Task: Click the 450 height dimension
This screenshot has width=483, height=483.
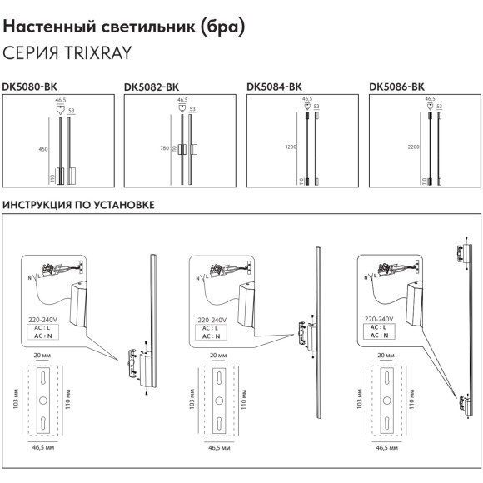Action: pos(43,149)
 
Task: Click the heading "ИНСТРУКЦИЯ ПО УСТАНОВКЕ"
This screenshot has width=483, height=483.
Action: pos(79,204)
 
